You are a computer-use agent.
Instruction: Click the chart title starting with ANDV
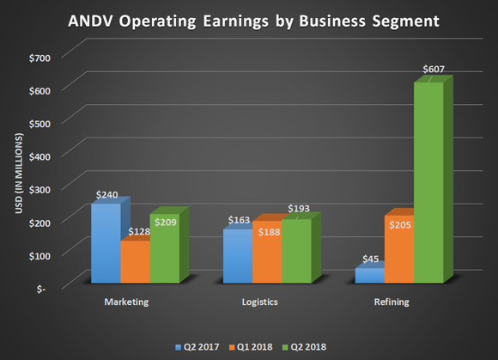(248, 19)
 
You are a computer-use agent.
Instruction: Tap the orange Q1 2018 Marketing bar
(135, 261)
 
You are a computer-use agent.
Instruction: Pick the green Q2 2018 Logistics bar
(296, 251)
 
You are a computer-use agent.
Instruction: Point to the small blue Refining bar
(370, 275)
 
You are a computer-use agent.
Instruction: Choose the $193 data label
(298, 210)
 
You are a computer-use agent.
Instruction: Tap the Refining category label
(392, 302)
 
